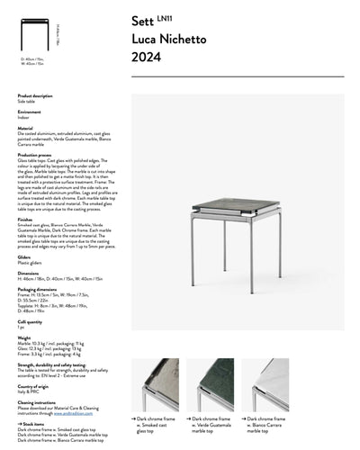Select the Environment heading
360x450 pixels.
click(x=30, y=112)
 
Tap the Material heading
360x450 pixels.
click(x=25, y=128)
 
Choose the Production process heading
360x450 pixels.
click(x=36, y=154)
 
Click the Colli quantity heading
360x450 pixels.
click(x=30, y=320)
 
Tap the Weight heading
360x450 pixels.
click(x=23, y=337)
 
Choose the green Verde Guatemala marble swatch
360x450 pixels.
click(x=211, y=383)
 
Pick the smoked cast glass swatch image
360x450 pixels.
click(x=156, y=383)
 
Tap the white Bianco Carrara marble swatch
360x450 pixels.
click(x=265, y=383)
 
